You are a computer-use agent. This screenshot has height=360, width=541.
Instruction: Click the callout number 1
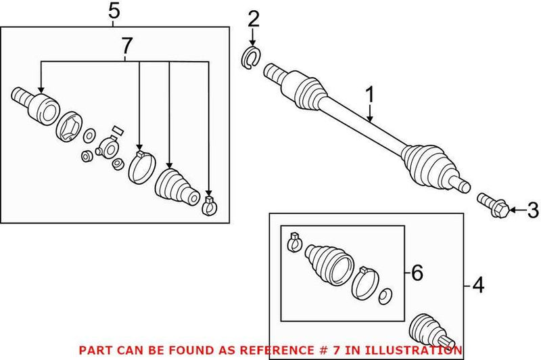[x=370, y=95]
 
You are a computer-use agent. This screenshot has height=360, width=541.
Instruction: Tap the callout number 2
[x=253, y=18]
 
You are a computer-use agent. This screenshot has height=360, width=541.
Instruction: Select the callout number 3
[x=532, y=211]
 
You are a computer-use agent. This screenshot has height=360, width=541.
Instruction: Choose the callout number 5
[x=114, y=10]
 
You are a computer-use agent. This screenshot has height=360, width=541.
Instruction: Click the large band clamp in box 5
[x=141, y=167]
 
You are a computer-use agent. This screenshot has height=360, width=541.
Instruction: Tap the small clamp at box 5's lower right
[x=210, y=204]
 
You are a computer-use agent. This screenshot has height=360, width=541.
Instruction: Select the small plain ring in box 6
[x=385, y=296]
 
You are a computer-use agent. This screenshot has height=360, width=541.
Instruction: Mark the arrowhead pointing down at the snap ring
[x=253, y=41]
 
